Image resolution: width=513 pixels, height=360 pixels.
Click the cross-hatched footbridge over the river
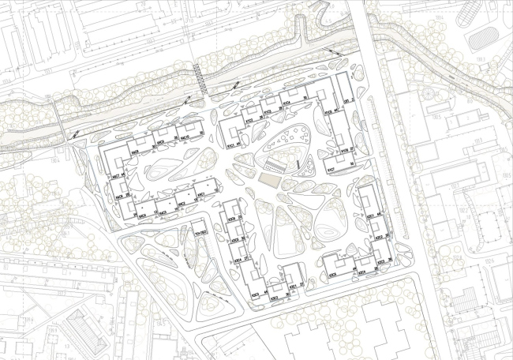(x=200, y=79)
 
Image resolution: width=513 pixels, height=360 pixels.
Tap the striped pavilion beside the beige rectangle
(x=274, y=167)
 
